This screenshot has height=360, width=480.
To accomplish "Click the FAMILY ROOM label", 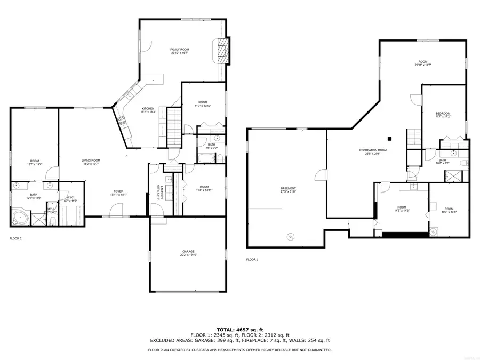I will pyautogui.click(x=180, y=50).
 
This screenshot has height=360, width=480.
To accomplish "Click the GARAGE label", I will pyautogui.click(x=187, y=251).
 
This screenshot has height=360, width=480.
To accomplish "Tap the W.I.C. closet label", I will pyautogui.click(x=70, y=198).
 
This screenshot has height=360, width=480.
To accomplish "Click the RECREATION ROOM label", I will pyautogui.click(x=373, y=151).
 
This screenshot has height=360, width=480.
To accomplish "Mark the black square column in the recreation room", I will pyautogui.click(x=390, y=138).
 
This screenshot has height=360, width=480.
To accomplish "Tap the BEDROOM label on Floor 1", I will pyautogui.click(x=443, y=114).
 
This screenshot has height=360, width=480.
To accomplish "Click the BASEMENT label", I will pyautogui.click(x=288, y=189).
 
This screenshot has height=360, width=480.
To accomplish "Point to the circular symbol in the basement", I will pyautogui.click(x=291, y=236).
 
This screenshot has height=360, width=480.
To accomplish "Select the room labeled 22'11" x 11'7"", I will pyautogui.click(x=423, y=63).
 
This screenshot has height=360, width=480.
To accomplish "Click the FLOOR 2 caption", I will pyautogui.click(x=15, y=238).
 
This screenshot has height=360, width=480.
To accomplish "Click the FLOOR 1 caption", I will pyautogui.click(x=252, y=260).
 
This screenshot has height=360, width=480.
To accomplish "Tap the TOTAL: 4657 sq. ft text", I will pyautogui.click(x=239, y=329).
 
